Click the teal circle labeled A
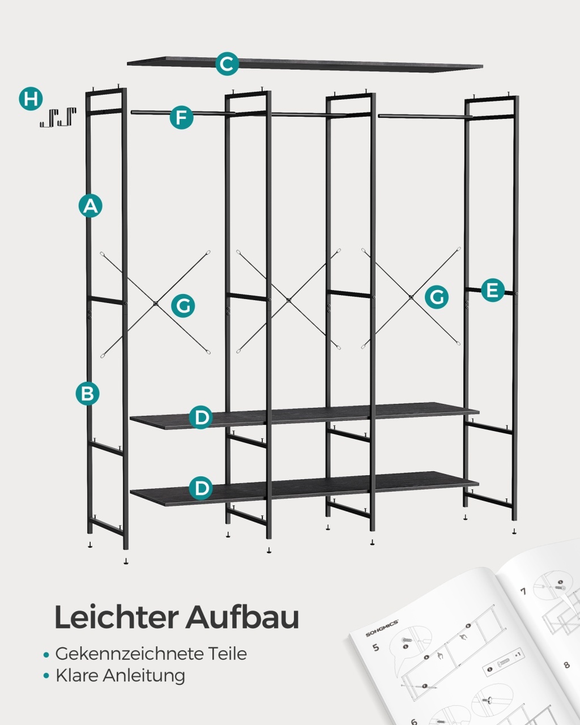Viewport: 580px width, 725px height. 91,206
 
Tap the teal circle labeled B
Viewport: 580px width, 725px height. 87,393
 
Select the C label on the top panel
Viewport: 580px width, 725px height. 227,63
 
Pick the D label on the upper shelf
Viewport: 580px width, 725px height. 201,417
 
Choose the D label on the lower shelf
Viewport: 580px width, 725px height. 201,488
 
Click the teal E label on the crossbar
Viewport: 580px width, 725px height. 492,290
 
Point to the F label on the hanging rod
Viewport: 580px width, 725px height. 181,118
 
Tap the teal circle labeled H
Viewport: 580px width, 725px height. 31,99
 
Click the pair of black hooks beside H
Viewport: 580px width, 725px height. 58,117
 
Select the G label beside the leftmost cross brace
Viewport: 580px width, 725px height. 183,306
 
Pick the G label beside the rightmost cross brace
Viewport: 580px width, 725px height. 437,297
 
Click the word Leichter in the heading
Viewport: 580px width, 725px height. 117,617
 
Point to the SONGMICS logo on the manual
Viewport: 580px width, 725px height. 382,627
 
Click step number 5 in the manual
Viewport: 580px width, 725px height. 376,647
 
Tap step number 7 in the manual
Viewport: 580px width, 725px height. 523,591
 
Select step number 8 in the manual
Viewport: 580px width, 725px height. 566,664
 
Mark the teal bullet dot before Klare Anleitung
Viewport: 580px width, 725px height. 46,676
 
